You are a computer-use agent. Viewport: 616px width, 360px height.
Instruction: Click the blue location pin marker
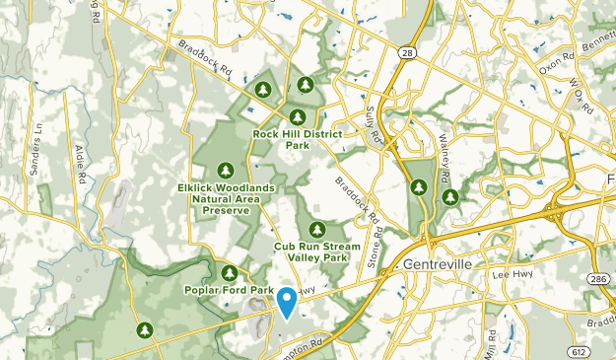287,302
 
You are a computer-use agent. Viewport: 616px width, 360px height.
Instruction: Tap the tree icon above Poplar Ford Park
230,272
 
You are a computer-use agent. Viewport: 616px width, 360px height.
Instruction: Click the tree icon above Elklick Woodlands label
226,170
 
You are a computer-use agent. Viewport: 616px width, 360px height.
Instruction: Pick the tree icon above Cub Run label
316,229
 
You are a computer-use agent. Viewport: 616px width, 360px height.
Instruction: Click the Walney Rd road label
445,165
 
